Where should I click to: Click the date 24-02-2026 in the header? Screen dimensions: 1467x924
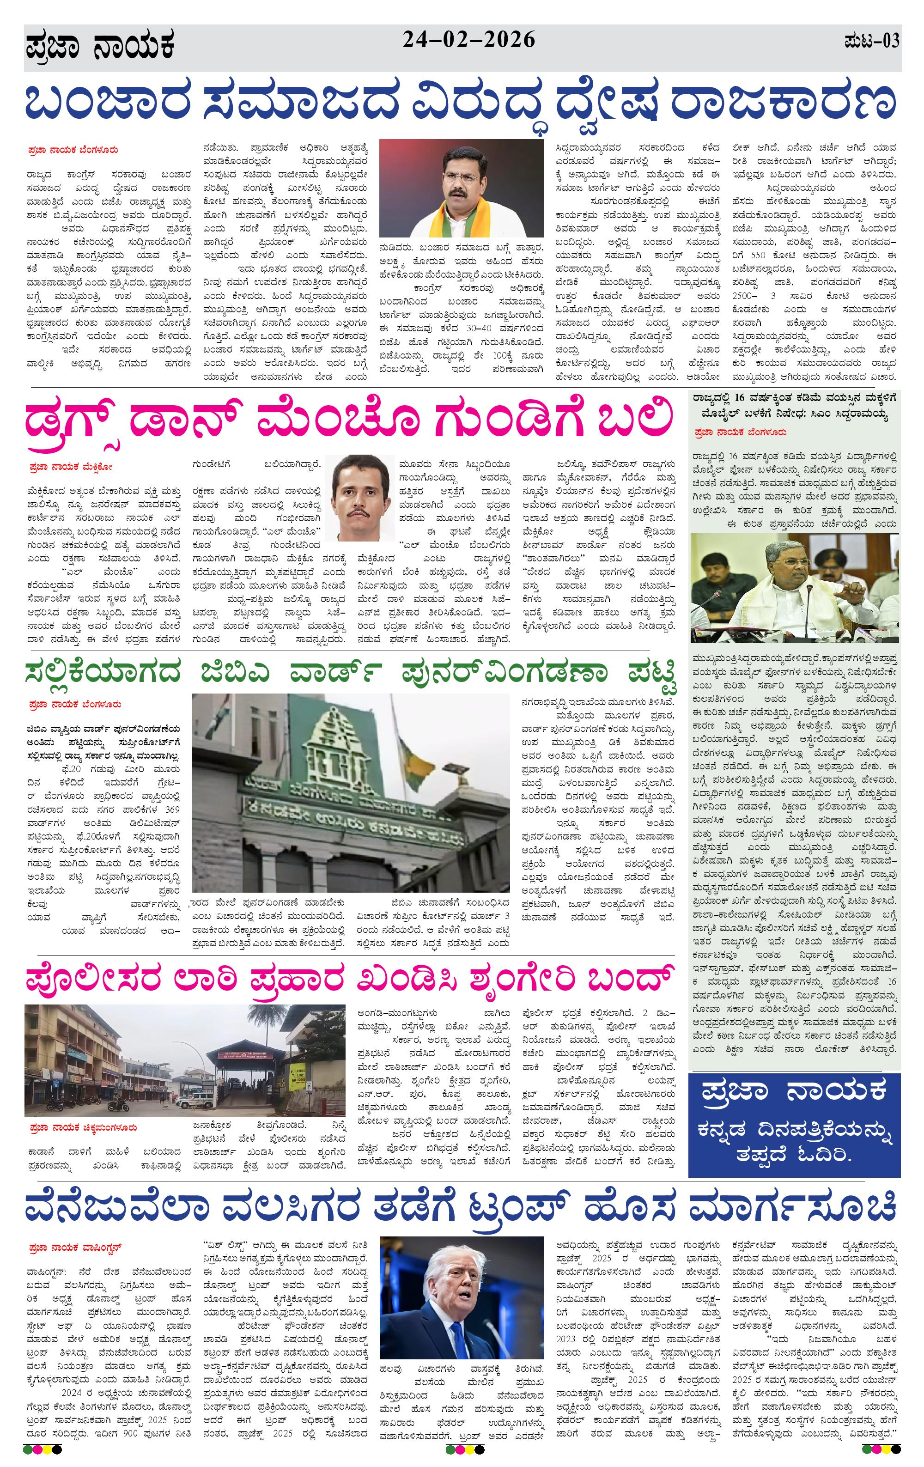pos(468,40)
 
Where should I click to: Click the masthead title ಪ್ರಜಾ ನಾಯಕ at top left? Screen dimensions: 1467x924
pos(101,48)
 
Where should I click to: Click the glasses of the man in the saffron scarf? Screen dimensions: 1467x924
pos(461,177)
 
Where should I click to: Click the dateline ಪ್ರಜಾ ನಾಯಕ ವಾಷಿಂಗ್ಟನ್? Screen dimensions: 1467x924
pos(75,1247)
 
